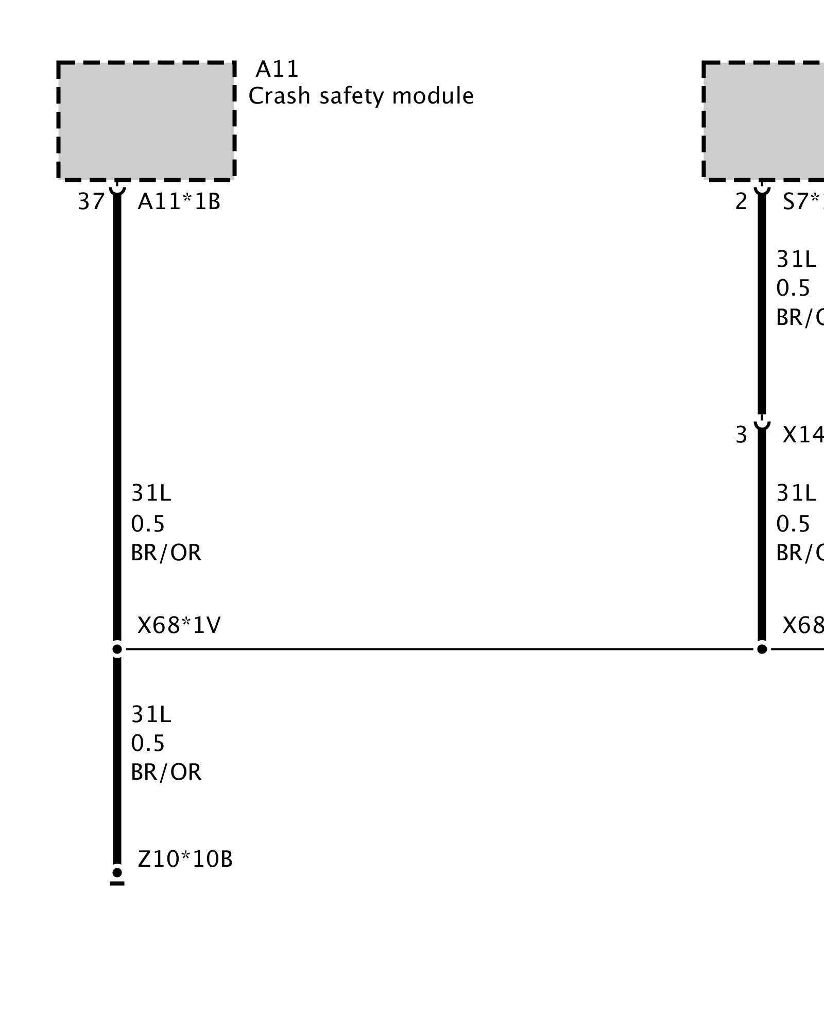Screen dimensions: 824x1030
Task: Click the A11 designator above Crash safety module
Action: [277, 69]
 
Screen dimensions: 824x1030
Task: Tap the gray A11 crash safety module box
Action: [146, 122]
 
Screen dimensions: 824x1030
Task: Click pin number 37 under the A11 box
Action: [91, 201]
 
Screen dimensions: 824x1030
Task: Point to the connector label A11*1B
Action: [179, 201]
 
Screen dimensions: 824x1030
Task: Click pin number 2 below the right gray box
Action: [741, 201]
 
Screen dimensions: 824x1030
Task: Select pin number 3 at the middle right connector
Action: [741, 435]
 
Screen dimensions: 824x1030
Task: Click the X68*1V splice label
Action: [179, 625]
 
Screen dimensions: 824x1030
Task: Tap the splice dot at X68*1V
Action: [117, 649]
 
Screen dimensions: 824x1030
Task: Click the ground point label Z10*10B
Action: [185, 859]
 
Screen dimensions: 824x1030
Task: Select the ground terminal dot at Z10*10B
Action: [117, 872]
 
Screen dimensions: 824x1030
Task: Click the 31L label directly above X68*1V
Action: [151, 493]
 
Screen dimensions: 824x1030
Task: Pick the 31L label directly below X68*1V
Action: [151, 714]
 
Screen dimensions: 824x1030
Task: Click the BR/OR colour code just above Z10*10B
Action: [166, 772]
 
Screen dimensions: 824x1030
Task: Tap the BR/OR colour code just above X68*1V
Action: [166, 553]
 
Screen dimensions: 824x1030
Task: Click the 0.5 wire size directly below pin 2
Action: [793, 288]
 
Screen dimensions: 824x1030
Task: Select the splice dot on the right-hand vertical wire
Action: [762, 649]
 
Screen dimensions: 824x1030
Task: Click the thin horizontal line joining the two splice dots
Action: [438, 649]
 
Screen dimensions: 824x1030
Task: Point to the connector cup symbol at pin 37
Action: [117, 188]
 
